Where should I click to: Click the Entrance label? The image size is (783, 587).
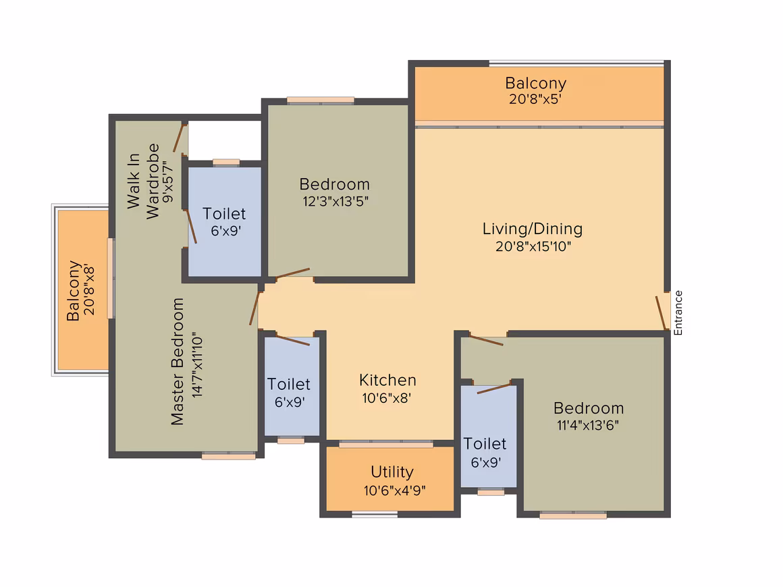point(678,313)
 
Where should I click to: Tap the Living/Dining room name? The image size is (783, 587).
point(533,229)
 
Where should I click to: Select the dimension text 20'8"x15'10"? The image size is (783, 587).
point(533,246)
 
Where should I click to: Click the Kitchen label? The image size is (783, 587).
point(387,381)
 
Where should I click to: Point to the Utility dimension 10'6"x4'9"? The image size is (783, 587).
point(394,491)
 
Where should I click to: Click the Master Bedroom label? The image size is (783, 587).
point(178,362)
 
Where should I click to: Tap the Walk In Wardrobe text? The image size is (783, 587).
point(143,181)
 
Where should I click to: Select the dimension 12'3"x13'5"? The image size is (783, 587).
point(335,201)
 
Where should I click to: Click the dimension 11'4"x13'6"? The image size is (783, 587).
point(588,425)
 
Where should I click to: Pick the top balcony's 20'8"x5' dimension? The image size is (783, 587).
point(535,99)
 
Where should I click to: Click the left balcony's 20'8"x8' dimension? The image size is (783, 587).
point(89,290)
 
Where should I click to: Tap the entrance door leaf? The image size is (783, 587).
point(661,313)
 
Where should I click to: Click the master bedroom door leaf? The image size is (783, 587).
point(254,308)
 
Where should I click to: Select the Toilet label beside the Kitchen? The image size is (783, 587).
point(289,385)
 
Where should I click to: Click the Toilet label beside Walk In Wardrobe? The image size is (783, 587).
point(224,214)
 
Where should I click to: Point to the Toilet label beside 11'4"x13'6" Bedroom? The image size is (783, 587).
point(485,444)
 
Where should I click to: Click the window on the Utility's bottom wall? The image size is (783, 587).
point(375,515)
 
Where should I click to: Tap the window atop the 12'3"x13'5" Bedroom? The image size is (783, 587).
point(321,101)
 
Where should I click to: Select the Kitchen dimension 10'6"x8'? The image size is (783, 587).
point(387,398)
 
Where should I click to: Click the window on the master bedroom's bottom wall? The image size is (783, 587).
point(229,455)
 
